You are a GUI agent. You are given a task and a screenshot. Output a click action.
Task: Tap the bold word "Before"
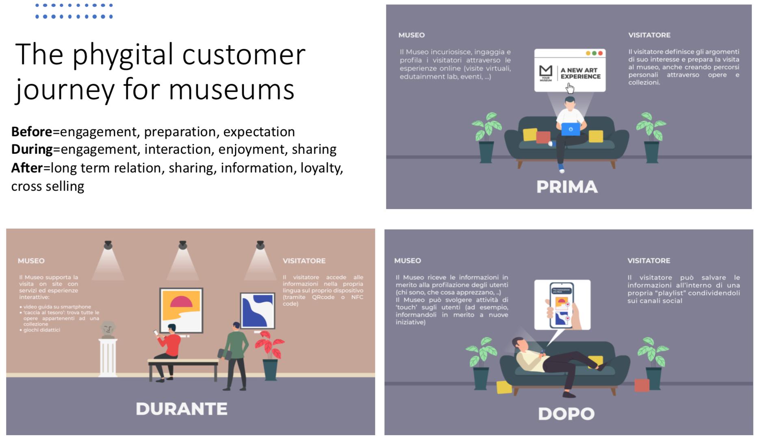[32, 132]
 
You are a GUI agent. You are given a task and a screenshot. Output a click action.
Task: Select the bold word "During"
[32, 149]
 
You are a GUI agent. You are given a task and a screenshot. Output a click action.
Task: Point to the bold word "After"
[27, 168]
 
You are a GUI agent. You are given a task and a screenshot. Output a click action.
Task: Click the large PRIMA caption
[567, 187]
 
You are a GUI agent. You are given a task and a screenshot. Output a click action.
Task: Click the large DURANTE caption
[181, 409]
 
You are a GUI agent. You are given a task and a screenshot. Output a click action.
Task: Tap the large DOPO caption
[566, 414]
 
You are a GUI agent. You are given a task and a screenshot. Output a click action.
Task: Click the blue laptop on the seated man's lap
[570, 129]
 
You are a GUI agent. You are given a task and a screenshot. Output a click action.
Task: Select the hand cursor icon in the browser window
[570, 88]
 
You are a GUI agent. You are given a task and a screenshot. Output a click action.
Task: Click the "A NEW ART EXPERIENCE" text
[580, 73]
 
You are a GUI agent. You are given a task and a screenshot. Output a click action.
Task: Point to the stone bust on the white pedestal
[108, 329]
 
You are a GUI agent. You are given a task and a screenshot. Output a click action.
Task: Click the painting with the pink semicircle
[181, 310]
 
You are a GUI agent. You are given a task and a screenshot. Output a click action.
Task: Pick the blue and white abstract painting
[257, 310]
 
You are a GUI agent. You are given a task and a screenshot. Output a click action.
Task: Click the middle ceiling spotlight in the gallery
[182, 245]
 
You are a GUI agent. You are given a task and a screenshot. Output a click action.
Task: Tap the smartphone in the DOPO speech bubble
[561, 305]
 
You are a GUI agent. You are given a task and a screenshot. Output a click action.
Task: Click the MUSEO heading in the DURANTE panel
[31, 261]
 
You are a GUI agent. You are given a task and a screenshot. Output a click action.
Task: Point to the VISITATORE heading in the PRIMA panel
[649, 35]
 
